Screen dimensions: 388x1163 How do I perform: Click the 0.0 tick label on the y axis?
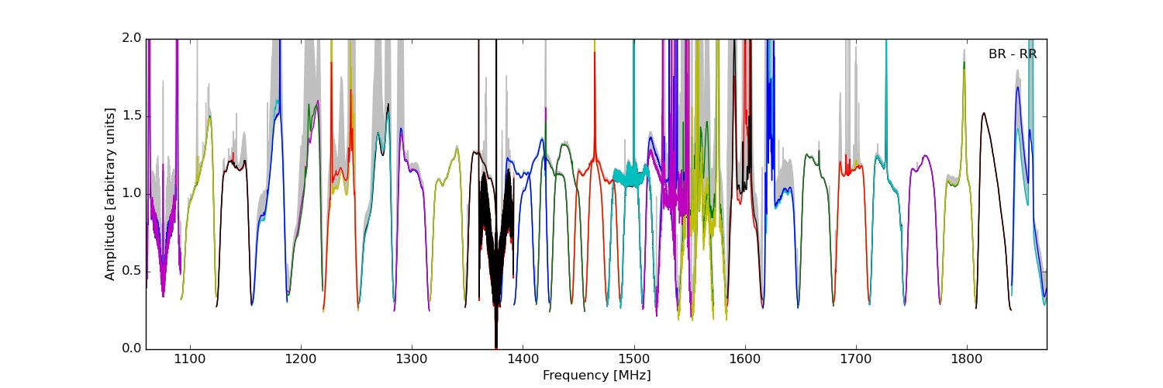pos(132,348)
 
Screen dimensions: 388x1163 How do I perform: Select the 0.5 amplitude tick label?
pos(132,271)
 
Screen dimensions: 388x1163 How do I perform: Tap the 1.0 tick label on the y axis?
pos(132,193)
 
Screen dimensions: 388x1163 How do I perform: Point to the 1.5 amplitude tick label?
pos(132,116)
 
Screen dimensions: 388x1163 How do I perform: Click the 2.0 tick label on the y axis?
pos(132,38)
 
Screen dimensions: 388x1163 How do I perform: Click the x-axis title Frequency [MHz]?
pos(596,376)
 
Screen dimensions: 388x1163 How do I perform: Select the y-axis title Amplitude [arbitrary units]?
pos(110,194)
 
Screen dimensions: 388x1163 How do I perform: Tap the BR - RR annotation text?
pos(1012,54)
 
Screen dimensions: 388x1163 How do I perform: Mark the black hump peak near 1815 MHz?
pos(984,114)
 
